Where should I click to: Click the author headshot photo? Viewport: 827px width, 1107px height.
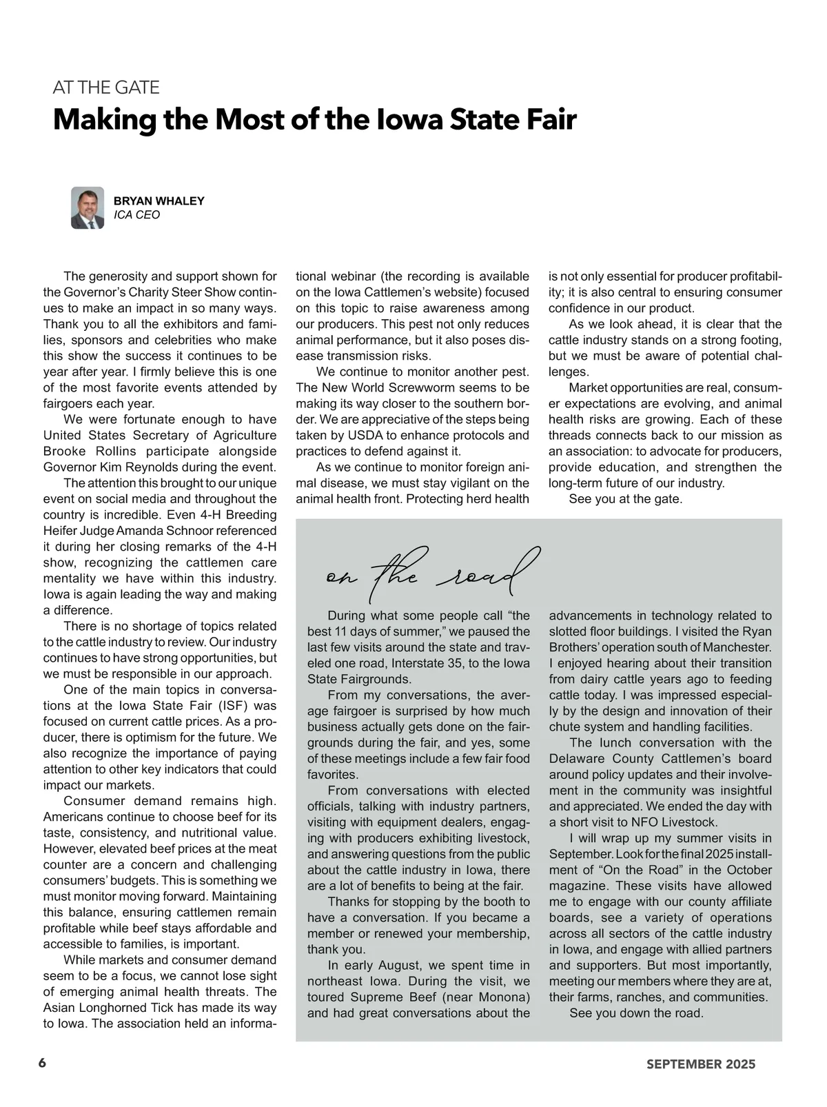pyautogui.click(x=88, y=207)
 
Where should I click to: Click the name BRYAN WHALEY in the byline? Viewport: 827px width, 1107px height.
pyautogui.click(x=159, y=201)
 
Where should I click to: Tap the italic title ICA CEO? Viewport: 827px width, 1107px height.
pyautogui.click(x=136, y=215)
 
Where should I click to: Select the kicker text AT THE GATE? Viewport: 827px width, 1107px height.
pyautogui.click(x=106, y=88)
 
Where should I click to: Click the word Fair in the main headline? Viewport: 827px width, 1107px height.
pyautogui.click(x=549, y=120)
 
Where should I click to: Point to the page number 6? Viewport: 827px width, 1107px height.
pyautogui.click(x=43, y=1063)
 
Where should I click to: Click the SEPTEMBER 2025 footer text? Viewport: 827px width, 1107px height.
pyautogui.click(x=700, y=1064)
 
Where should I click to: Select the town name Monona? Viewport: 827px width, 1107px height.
pyautogui.click(x=502, y=997)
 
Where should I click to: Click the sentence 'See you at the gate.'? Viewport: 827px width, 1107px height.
pyautogui.click(x=625, y=499)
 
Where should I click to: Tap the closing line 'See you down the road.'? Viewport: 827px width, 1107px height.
pyautogui.click(x=636, y=1013)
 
